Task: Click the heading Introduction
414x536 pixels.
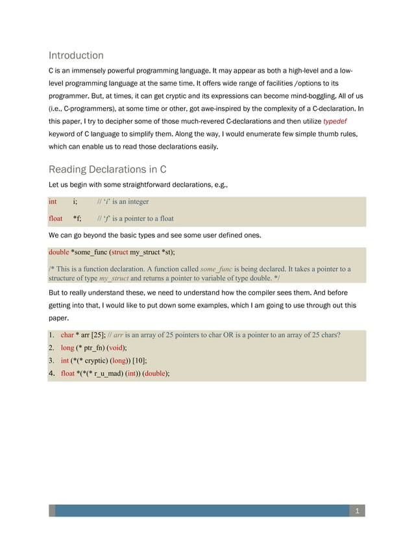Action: click(76, 55)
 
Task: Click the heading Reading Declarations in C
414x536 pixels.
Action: click(108, 169)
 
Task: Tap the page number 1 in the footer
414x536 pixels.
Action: click(356, 512)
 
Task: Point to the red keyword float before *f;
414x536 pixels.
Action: click(55, 219)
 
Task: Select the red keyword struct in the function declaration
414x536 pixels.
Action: click(119, 251)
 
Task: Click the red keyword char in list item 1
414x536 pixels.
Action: click(67, 335)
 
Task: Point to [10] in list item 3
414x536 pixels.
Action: click(139, 361)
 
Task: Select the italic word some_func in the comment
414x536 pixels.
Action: click(216, 269)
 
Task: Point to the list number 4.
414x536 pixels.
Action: click(52, 373)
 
